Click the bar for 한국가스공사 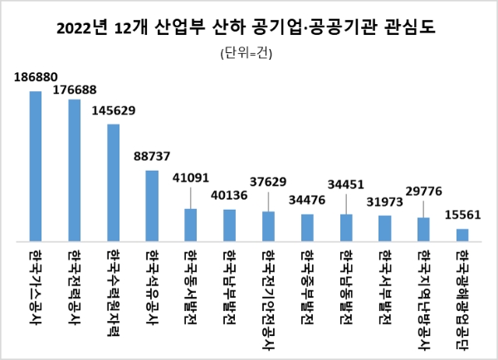[x=36, y=166]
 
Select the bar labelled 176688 [x=74, y=170]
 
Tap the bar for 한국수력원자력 [x=113, y=182]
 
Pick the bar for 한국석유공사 [x=152, y=206]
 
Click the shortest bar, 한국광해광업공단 [x=462, y=235]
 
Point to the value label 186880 [x=36, y=77]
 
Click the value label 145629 [x=114, y=110]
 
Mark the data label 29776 [x=424, y=192]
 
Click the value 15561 [x=463, y=215]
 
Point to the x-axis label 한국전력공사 [x=75, y=279]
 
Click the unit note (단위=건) [x=247, y=54]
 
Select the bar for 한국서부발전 [x=384, y=228]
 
